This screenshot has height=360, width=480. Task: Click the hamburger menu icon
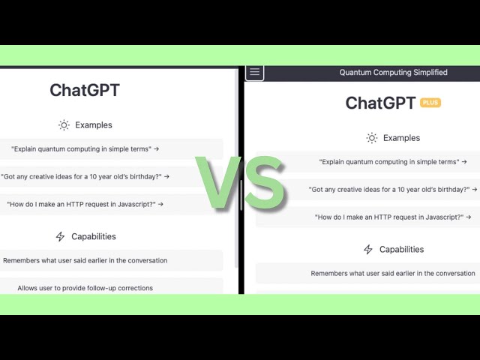(254, 72)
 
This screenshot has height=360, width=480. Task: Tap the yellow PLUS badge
(430, 103)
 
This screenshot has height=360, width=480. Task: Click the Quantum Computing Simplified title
(393, 73)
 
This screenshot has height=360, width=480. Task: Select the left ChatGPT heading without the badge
(85, 90)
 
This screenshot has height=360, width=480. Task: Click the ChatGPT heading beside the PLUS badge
(380, 103)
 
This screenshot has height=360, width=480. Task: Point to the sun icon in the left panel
(64, 125)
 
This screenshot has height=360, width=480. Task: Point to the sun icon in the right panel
(372, 138)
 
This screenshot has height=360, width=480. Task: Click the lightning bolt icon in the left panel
(60, 236)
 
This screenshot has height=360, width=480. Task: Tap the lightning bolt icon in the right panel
(368, 249)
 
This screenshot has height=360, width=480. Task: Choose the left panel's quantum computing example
(85, 149)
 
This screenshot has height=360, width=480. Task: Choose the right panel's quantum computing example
(393, 162)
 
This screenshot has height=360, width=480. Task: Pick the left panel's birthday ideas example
(85, 177)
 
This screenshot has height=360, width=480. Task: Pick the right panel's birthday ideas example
(393, 190)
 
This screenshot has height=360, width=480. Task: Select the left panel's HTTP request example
(85, 204)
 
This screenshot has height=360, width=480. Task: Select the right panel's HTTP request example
(393, 217)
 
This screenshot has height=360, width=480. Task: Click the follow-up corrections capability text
(85, 288)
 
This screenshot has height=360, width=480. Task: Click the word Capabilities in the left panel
(94, 236)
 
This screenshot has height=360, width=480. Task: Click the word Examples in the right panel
(402, 138)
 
